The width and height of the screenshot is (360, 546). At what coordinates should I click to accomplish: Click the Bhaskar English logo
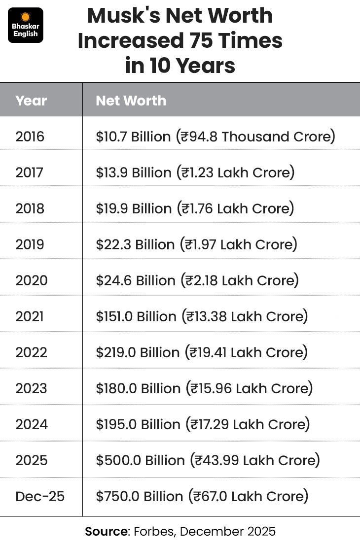[x=26, y=25]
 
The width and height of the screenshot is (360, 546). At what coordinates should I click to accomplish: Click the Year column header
[x=31, y=101]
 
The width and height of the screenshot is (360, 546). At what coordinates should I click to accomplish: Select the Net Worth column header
[x=131, y=101]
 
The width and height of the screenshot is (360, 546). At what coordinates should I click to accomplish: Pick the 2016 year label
[x=30, y=136]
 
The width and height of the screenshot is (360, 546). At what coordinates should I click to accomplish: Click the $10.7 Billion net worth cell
[x=216, y=136]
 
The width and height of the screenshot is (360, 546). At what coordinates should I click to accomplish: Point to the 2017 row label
[x=30, y=172]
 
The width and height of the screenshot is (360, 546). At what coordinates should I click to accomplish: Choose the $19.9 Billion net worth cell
[x=195, y=208]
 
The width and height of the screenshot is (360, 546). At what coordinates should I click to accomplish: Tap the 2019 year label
[x=30, y=244]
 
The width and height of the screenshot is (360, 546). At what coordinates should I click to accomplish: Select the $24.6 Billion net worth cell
[x=197, y=280]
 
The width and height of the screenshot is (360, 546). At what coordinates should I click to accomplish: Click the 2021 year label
[x=30, y=316]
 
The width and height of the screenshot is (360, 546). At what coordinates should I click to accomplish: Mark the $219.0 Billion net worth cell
[x=202, y=352]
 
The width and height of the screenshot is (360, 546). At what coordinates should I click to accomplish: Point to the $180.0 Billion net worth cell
[x=204, y=388]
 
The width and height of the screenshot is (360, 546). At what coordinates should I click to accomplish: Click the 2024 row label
[x=31, y=424]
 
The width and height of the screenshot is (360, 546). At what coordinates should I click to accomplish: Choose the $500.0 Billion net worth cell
[x=208, y=460]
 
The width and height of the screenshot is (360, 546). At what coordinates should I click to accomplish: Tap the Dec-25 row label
[x=40, y=496]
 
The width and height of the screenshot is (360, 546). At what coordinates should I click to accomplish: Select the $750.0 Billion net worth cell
[x=202, y=496]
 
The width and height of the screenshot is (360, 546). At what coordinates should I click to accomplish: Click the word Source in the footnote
[x=106, y=532]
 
